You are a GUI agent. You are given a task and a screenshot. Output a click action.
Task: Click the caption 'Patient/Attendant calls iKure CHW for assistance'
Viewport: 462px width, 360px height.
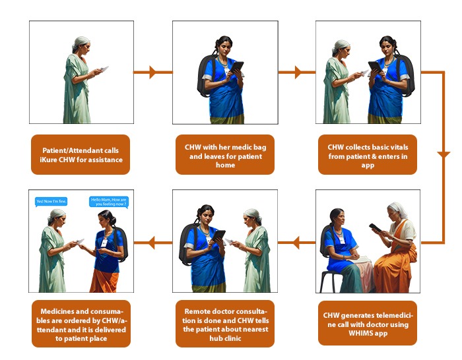coord(81,155)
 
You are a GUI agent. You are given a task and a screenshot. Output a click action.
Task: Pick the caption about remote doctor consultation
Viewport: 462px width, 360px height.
coord(225,324)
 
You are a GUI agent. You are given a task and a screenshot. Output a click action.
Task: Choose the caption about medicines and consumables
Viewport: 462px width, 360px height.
coord(81,324)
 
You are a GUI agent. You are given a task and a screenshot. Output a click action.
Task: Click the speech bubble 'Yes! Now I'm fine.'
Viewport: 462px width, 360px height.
coord(51,202)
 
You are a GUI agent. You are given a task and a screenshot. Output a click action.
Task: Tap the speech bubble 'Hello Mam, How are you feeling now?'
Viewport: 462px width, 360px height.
coord(109,202)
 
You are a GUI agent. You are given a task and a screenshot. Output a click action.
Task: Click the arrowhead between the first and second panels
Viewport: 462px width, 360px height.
coord(152,72)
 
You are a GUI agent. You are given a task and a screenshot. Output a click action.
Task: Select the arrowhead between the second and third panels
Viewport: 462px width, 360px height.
coord(298,72)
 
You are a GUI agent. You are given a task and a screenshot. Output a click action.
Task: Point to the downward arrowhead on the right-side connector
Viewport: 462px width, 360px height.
coord(444,155)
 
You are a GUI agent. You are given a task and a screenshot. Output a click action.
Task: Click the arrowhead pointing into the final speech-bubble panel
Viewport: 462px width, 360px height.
coord(151,243)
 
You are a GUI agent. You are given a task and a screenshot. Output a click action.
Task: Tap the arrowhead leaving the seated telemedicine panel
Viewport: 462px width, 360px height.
coord(296,243)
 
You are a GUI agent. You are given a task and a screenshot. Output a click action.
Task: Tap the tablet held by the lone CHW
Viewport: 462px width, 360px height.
coord(237,67)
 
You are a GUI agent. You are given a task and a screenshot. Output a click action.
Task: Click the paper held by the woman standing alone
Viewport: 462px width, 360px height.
coord(104,69)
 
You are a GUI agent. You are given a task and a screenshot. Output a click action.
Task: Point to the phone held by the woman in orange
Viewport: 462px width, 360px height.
coord(375,227)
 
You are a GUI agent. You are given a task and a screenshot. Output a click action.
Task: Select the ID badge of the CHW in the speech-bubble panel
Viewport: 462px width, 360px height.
coord(104,243)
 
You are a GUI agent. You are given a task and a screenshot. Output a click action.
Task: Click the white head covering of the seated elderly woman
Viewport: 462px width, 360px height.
coord(399,209)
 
